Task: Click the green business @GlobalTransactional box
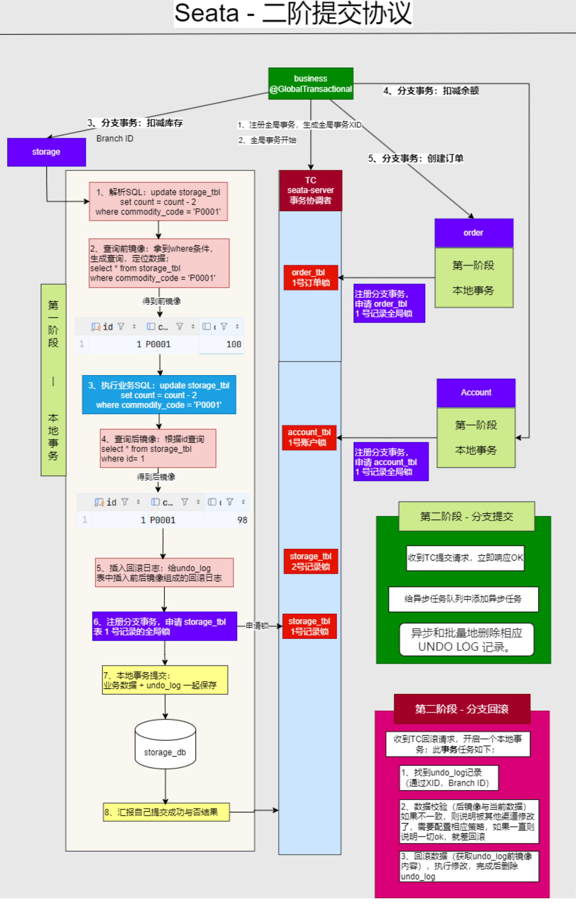pos(311,84)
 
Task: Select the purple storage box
pos(46,152)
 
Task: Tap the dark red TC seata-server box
pos(311,190)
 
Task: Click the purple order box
pos(473,232)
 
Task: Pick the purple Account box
pos(476,392)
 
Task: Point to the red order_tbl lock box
pos(311,277)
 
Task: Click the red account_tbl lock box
pos(309,437)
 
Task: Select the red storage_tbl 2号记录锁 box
pos(311,561)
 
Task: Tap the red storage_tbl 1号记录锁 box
pos(310,626)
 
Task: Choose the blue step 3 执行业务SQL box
pos(159,395)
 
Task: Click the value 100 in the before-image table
pos(233,344)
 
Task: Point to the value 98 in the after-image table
pos(242,520)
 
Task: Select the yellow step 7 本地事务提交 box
pos(165,680)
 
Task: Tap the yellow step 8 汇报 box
pos(166,812)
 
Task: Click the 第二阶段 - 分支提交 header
pos(466,516)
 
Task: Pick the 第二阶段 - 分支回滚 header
pos(462,709)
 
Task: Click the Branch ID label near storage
pos(115,139)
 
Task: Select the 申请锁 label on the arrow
pos(257,626)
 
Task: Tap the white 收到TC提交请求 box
pos(465,558)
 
